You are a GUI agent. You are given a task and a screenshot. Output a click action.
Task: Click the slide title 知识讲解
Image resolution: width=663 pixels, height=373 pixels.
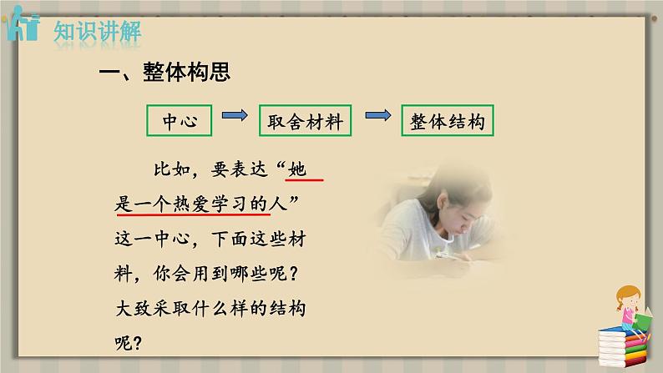(97, 32)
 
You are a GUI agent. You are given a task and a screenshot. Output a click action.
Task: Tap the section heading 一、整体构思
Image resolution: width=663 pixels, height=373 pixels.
(164, 72)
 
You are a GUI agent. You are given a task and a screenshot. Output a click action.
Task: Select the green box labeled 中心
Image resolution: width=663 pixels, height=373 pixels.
(180, 120)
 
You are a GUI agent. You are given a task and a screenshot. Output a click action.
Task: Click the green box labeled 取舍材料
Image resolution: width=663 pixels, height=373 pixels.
(306, 120)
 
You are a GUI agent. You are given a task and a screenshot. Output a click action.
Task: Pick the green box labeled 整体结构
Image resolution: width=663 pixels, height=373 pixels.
(448, 120)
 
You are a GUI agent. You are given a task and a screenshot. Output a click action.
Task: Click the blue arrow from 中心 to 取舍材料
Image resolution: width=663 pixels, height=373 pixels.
(235, 115)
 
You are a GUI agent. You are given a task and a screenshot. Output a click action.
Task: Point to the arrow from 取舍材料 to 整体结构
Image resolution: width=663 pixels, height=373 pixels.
(378, 115)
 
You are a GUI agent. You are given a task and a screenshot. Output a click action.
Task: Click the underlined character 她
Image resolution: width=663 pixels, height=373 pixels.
(296, 169)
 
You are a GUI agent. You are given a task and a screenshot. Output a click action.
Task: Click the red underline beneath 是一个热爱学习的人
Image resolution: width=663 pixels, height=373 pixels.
(193, 214)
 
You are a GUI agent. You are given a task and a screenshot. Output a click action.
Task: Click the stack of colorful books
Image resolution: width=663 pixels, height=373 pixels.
(623, 346)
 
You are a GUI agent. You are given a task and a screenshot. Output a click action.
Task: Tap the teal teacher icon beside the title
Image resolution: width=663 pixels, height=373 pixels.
(23, 23)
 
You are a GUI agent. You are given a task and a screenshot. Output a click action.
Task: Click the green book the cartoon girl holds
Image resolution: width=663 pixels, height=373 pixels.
(644, 320)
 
